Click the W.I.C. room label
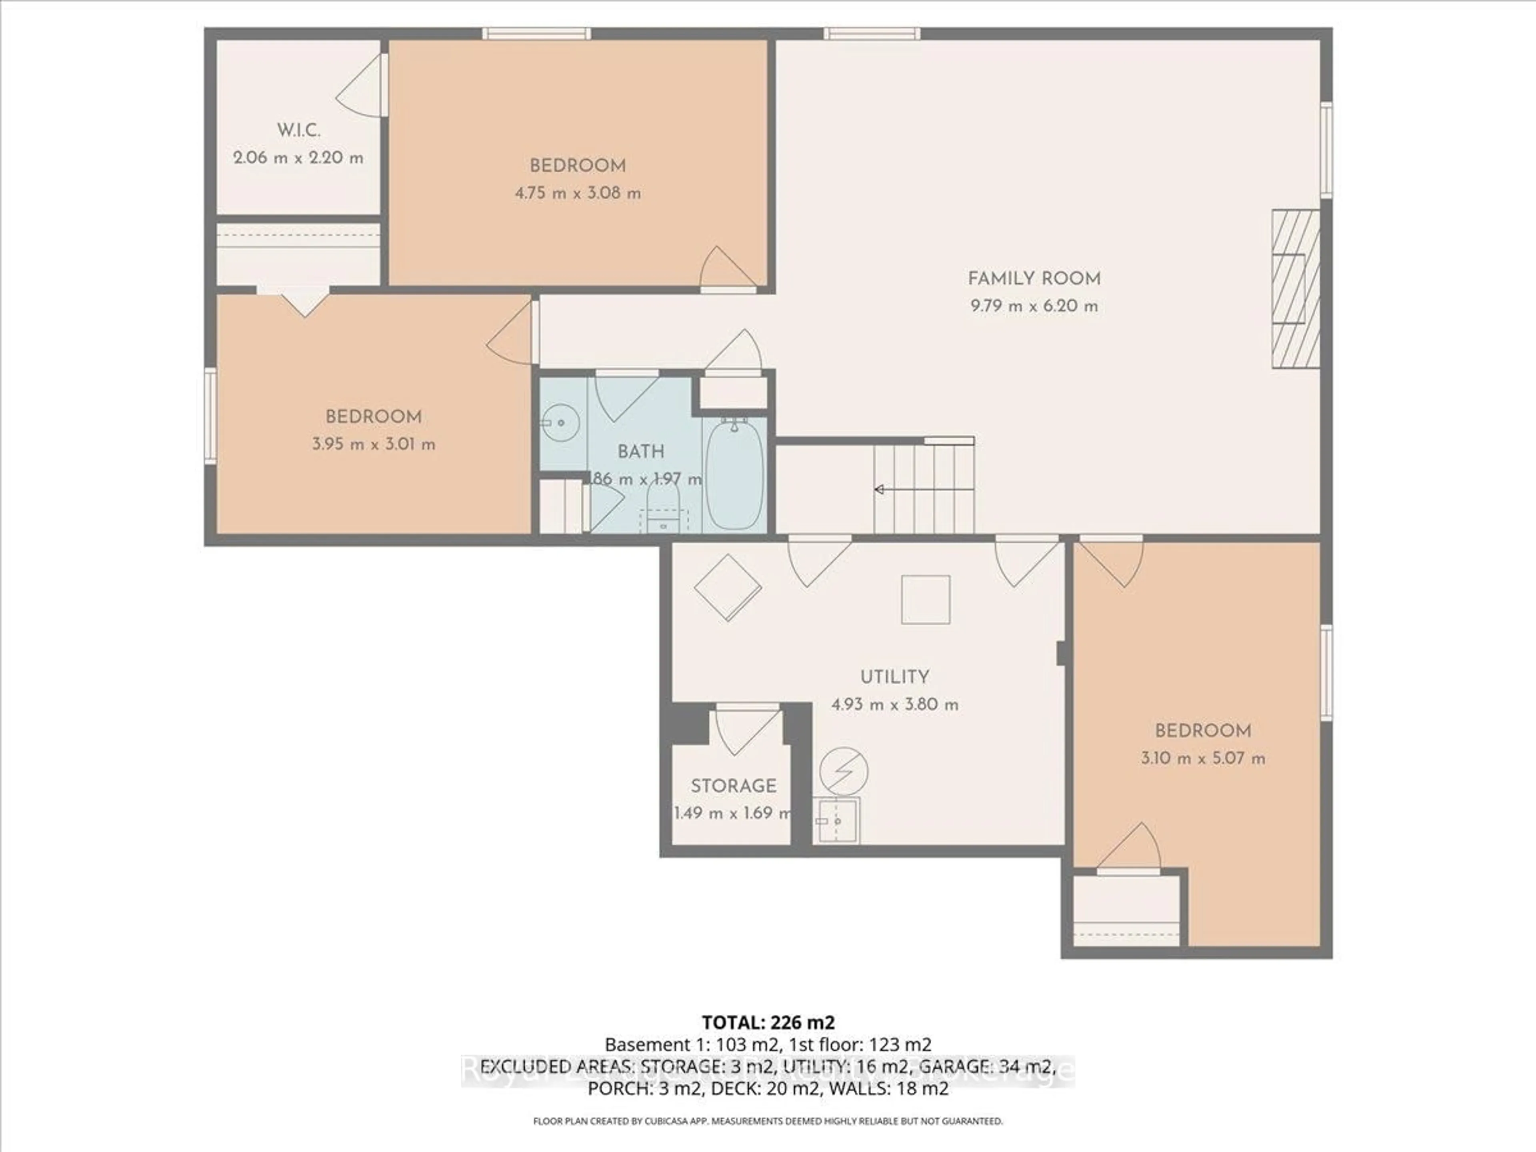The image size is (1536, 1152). pyautogui.click(x=298, y=130)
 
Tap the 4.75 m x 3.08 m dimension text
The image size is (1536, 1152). pyautogui.click(x=577, y=193)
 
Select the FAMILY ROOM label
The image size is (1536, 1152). pyautogui.click(x=1034, y=278)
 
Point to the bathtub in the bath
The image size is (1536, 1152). pyautogui.click(x=735, y=473)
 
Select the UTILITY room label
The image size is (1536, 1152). pyautogui.click(x=894, y=676)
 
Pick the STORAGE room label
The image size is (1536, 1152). pyautogui.click(x=733, y=785)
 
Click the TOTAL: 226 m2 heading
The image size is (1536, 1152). pyautogui.click(x=768, y=1022)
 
